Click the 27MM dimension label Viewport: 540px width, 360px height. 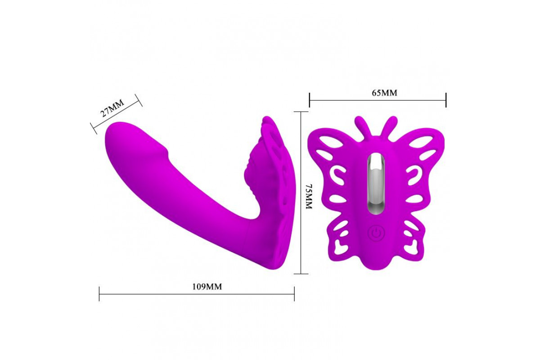pyautogui.click(x=112, y=108)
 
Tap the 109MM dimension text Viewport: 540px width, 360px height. pyautogui.click(x=207, y=287)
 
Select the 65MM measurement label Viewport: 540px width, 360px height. pyautogui.click(x=384, y=93)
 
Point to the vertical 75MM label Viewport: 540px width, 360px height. pyautogui.click(x=309, y=197)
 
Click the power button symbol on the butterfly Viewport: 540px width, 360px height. pyautogui.click(x=376, y=233)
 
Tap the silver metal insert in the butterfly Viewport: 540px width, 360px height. pyautogui.click(x=377, y=184)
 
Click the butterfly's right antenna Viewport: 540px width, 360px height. pyautogui.click(x=389, y=126)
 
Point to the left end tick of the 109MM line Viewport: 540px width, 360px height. pyautogui.click(x=99, y=294)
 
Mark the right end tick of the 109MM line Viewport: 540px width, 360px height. pyautogui.click(x=294, y=294)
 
